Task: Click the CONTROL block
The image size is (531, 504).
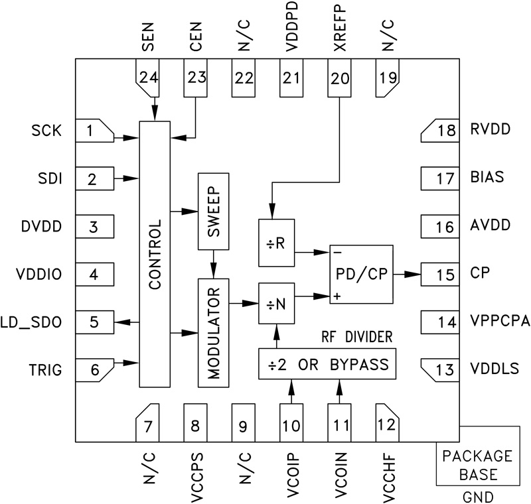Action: point(155,255)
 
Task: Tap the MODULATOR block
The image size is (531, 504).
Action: point(212,333)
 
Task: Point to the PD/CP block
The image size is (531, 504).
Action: point(361,274)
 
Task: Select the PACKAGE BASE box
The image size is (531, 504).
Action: point(477,466)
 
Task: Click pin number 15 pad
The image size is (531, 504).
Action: point(440,273)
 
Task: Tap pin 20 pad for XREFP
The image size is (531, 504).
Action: point(339,78)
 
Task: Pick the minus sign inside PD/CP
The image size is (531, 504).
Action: point(339,253)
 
